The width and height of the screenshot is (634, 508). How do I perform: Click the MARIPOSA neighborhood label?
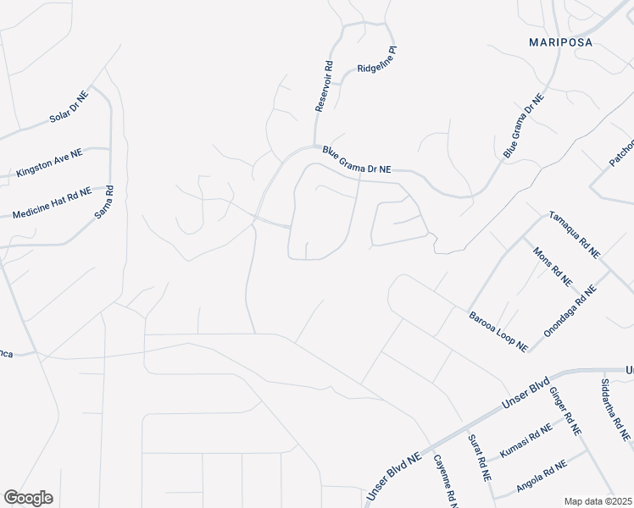click(559, 41)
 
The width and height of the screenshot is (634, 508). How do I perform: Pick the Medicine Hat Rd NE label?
click(52, 203)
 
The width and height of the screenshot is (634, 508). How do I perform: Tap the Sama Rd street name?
click(104, 205)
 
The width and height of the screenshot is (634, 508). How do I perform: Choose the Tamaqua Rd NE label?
click(575, 235)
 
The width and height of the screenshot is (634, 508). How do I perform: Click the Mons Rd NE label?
click(553, 264)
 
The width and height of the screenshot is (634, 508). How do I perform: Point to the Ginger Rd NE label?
click(565, 409)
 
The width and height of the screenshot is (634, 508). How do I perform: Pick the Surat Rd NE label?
click(480, 458)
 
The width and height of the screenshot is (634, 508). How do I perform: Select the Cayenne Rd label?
click(445, 481)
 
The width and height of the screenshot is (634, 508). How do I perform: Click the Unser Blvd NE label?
click(393, 480)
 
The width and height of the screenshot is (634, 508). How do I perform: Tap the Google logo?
click(28, 498)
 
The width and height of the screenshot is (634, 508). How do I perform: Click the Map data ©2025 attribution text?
click(598, 501)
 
